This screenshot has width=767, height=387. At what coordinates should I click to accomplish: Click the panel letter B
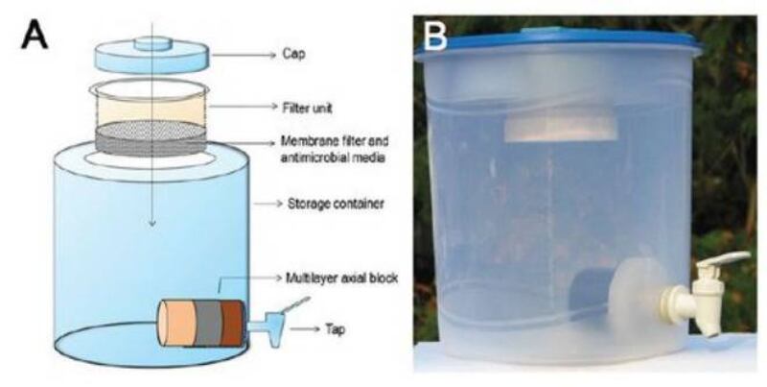pos(434,36)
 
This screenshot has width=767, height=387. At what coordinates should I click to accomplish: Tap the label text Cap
pos(293,54)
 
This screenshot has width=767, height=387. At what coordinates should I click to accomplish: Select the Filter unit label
pos(307,108)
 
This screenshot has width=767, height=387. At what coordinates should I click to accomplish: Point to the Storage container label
pos(336,203)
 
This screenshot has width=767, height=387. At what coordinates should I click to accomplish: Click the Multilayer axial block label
pos(341,278)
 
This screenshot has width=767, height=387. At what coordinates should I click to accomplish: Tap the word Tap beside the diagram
pos(335,328)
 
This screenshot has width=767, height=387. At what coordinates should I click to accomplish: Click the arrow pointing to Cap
pos(244,56)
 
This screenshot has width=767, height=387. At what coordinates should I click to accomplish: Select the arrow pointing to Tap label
pos(305,328)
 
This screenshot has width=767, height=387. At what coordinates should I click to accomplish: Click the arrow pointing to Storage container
pos(268,203)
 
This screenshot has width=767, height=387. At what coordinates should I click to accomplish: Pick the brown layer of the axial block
pos(232,324)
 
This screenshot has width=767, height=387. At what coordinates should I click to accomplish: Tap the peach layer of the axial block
pos(176,324)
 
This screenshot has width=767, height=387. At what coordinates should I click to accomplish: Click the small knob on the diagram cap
pos(152,43)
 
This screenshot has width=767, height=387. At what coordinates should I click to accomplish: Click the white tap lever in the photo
pos(723,258)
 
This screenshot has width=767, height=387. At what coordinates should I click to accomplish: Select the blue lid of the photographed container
pos(558,43)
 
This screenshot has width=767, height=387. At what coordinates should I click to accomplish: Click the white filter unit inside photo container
pos(561,129)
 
